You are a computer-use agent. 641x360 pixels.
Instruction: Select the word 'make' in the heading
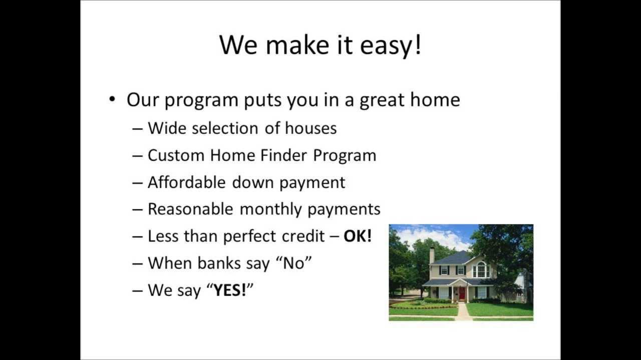point(295,45)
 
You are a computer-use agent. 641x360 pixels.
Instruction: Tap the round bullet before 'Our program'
point(112,98)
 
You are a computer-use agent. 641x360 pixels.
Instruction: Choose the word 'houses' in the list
point(310,128)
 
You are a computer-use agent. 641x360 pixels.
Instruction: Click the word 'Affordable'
point(187,182)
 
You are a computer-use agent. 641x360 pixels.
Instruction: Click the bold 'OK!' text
point(358,236)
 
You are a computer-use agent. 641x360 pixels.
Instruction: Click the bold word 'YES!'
point(230,290)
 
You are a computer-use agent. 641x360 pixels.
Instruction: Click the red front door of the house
point(462,293)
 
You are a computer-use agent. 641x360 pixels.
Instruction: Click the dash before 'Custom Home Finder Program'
point(138,155)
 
